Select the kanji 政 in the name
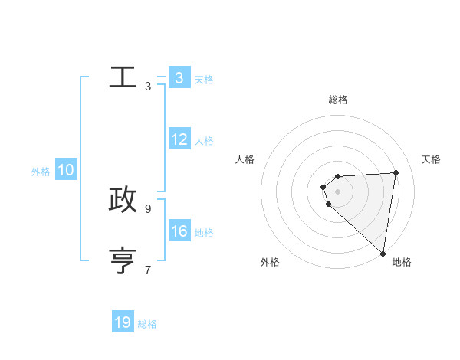coord(123,199)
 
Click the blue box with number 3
coord(179,78)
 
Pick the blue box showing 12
coord(179,139)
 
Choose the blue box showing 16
coord(179,231)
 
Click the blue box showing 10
coord(66,171)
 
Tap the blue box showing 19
coord(123,322)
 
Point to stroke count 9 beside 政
coord(148,208)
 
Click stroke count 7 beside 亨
coord(148,270)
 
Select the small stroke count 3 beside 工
coord(148,87)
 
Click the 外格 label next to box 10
coord(41,172)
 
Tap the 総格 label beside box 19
coord(147,324)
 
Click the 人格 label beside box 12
coord(204,141)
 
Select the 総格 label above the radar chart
coord(337,100)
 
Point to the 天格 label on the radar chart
coord(431,159)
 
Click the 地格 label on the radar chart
coord(402,262)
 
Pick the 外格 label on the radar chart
coord(270,262)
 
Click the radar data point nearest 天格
coord(396,172)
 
